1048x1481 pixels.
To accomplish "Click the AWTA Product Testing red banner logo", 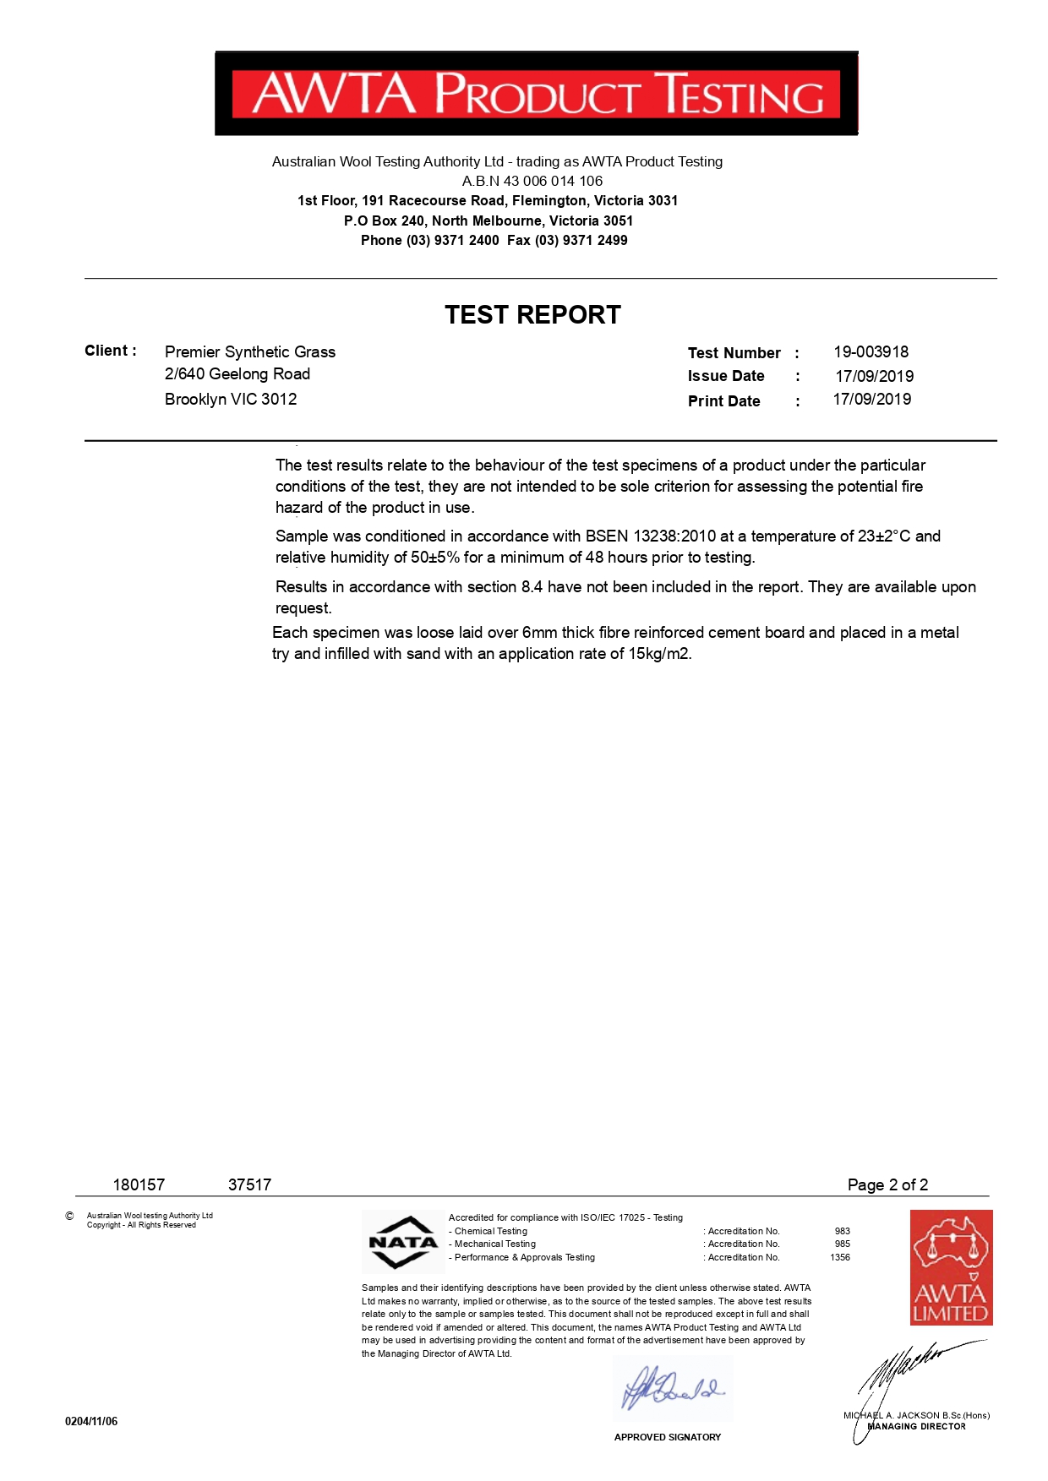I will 536,93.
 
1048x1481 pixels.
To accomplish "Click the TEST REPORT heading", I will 532,315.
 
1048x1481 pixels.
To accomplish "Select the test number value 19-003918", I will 871,352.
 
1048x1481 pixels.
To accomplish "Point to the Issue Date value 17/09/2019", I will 874,376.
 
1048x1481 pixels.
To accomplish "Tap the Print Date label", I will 723,401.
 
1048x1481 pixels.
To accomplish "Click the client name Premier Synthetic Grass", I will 249,352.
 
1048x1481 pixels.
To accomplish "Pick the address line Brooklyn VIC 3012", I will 231,400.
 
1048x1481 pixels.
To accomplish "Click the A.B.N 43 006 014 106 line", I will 532,181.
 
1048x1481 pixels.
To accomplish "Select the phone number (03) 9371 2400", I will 452,241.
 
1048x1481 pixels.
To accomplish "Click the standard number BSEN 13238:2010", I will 650,536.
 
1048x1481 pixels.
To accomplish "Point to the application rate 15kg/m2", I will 659,654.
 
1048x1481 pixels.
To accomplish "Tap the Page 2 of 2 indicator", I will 887,1184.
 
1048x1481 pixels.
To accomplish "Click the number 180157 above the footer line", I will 139,1184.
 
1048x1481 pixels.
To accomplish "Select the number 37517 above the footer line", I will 249,1184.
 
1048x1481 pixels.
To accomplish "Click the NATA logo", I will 403,1242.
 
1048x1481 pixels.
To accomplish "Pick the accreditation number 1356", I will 839,1257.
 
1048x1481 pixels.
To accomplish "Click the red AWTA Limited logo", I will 951,1266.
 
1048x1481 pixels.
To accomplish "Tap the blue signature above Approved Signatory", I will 672,1388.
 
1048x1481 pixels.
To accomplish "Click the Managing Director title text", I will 917,1426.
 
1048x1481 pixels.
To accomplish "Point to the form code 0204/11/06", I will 91,1421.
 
